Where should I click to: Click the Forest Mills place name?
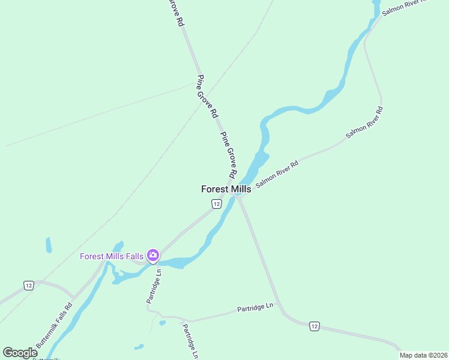click(x=226, y=189)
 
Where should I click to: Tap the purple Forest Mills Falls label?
click(x=112, y=257)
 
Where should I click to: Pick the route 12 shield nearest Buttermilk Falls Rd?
click(x=28, y=285)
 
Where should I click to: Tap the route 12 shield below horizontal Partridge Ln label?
click(x=315, y=326)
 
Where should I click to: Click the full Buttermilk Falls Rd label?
click(x=54, y=325)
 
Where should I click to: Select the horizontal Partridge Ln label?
click(x=255, y=308)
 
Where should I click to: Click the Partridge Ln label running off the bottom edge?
click(x=190, y=341)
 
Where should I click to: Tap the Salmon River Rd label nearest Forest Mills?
click(x=277, y=174)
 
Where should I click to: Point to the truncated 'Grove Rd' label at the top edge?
click(x=175, y=12)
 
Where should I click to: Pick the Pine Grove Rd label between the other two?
click(x=207, y=96)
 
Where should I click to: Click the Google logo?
click(x=20, y=353)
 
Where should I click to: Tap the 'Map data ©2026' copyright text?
click(x=424, y=355)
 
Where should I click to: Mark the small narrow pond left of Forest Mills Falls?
click(x=49, y=245)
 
